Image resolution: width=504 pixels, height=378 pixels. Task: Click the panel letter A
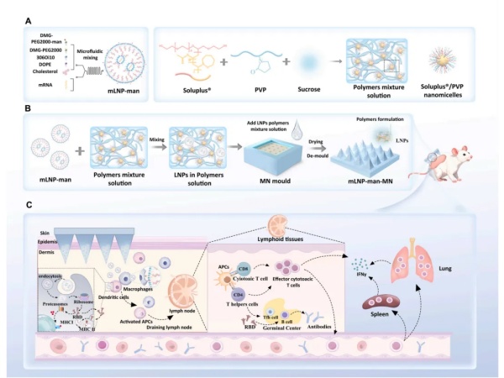click(x=29, y=19)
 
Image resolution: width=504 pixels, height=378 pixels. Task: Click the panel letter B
click(x=29, y=109)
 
